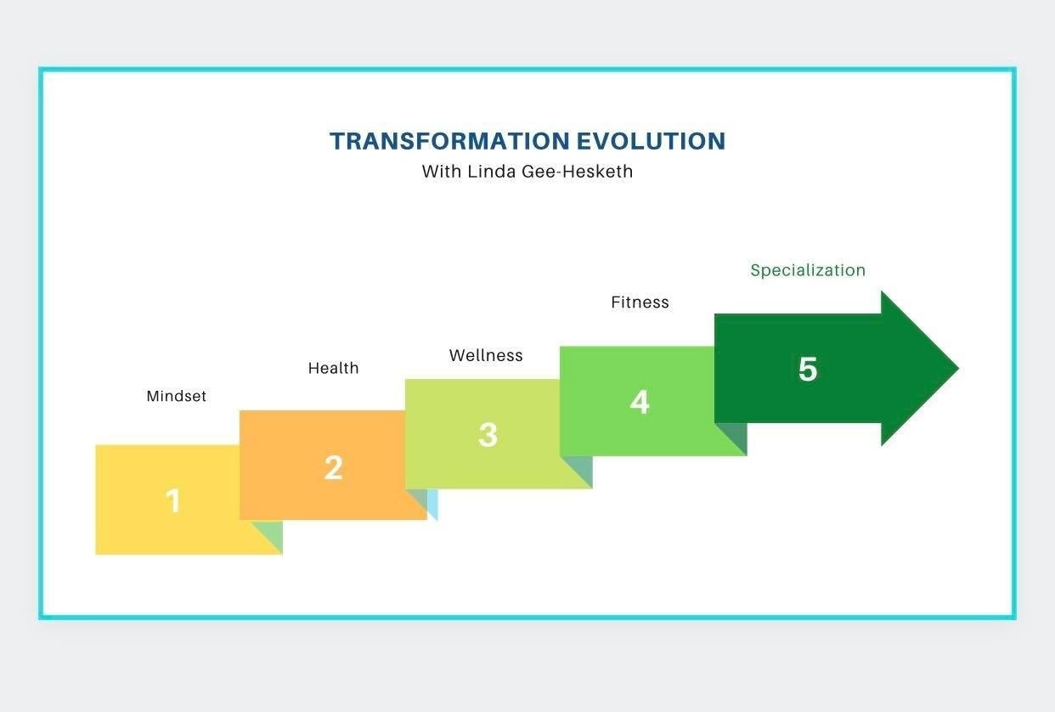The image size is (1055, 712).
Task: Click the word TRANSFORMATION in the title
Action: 450,141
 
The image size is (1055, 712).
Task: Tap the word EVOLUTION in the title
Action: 651,141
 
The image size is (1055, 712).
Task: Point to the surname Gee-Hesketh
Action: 578,172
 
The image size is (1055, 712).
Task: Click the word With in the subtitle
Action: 442,172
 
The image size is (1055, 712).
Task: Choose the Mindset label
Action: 176,396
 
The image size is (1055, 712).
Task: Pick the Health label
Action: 334,368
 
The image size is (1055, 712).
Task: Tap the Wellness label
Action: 486,355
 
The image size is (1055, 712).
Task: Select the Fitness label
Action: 640,302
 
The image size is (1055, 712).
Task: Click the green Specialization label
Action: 808,270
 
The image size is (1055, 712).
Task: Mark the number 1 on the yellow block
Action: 173,500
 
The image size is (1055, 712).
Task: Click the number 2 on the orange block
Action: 334,467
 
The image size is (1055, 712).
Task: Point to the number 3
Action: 488,434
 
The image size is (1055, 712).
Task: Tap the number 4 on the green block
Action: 640,402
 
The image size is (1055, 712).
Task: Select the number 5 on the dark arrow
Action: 808,369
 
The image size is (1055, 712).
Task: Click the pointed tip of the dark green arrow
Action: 958,368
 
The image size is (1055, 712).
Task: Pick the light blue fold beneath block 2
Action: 433,504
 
